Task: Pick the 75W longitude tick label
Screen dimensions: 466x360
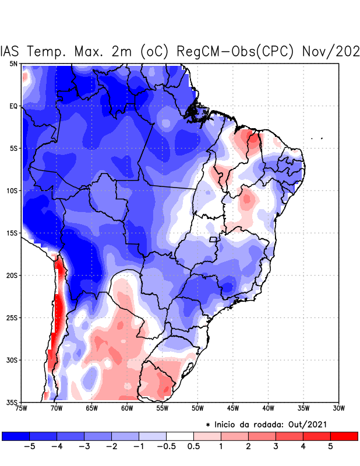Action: pos(22,408)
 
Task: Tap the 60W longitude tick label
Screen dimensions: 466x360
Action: pos(126,408)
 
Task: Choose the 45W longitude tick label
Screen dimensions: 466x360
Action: pos(232,408)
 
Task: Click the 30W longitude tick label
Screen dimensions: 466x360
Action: pos(338,408)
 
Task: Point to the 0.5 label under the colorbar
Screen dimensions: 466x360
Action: pos(194,447)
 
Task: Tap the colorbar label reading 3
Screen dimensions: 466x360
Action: pos(276,447)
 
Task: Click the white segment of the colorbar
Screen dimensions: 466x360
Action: pos(180,436)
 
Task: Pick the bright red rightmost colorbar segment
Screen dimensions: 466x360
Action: pos(344,436)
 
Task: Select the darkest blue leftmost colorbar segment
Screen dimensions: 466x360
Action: pos(16,436)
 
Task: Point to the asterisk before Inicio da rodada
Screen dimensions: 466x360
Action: pos(208,425)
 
